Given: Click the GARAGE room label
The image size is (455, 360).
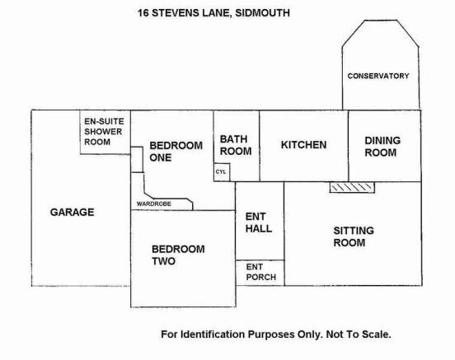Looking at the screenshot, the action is click(72, 212).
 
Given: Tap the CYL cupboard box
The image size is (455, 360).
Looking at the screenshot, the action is click(222, 172).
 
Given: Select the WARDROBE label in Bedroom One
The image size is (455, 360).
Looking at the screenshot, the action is click(154, 204).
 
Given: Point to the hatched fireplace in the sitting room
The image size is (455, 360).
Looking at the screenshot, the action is click(352, 187).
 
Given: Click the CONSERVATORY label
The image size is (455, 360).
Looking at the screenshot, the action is click(378, 76).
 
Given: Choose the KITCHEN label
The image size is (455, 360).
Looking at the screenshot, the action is click(303, 145).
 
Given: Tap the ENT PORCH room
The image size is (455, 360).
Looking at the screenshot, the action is click(260, 273).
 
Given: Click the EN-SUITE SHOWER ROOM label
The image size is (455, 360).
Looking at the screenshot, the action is click(104, 132).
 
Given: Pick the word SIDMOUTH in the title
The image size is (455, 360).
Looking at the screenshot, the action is click(262, 13).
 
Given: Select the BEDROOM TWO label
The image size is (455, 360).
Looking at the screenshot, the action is click(178, 255).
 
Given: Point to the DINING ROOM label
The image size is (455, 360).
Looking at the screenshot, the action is click(382, 147).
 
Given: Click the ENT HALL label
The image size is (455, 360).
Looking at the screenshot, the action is click(259, 222).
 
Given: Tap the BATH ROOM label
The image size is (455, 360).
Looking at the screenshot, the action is click(236, 145).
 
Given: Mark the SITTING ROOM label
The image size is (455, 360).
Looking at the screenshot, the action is click(354, 236).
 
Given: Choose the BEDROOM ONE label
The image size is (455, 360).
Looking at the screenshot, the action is click(176, 152).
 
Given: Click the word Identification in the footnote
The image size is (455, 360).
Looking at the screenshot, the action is click(213, 334).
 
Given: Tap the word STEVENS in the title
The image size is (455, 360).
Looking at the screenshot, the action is click(176, 13).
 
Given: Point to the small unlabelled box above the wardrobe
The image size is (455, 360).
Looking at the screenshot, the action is click(137, 160).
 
